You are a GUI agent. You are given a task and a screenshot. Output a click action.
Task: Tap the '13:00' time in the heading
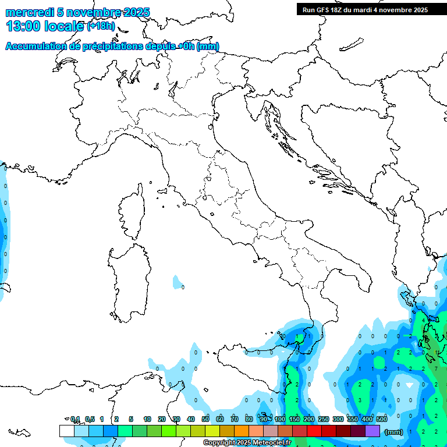click(22, 26)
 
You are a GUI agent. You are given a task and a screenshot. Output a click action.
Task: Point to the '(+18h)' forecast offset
click(101, 26)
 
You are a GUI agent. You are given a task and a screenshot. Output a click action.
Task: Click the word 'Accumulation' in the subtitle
click(36, 47)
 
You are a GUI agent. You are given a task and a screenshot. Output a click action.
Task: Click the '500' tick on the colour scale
click(382, 419)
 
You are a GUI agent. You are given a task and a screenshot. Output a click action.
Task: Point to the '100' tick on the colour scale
click(280, 419)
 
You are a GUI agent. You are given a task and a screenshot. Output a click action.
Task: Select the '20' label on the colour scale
click(162, 419)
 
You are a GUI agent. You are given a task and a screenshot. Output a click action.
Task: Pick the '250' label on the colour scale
click(324, 419)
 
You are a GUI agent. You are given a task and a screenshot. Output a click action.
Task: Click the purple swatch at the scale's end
click(372, 431)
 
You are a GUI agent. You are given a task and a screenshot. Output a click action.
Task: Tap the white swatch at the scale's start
click(66, 431)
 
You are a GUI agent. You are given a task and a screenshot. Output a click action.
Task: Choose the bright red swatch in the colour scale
click(314, 431)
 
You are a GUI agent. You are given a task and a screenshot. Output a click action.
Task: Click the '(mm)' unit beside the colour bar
click(394, 431)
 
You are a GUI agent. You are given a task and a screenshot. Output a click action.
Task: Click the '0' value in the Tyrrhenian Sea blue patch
click(183, 287)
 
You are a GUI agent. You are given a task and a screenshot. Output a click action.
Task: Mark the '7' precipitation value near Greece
click(435, 368)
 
